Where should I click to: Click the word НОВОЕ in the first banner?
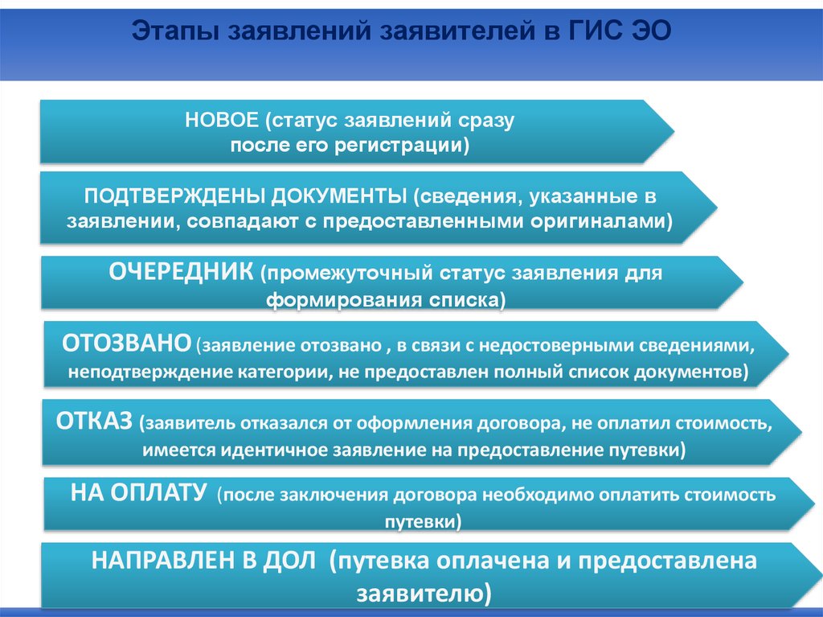222,121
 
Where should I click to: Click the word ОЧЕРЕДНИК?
181,272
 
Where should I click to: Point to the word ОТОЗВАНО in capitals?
126,343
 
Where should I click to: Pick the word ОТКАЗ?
95,422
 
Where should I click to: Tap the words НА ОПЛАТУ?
138,493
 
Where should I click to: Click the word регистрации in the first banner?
402,146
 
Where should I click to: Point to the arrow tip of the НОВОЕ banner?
674,131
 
